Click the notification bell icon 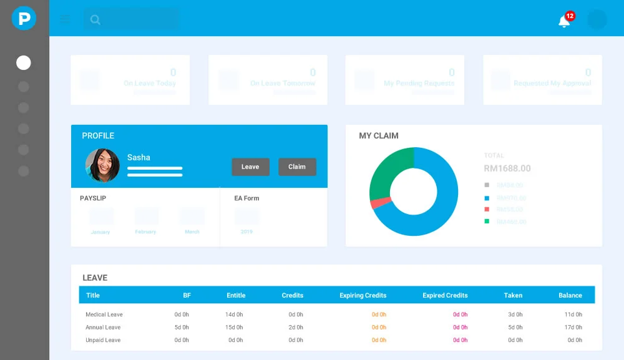point(563,22)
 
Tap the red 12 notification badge point(570,16)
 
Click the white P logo point(24,19)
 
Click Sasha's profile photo point(102,165)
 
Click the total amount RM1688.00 point(507,168)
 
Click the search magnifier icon point(95,19)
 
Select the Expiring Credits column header point(363,295)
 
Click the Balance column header point(570,295)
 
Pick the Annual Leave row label point(103,328)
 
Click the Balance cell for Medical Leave point(573,314)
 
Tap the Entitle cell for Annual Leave point(234,328)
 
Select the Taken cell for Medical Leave point(515,314)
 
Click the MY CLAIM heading point(378,135)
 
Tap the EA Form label point(246,198)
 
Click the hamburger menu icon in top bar point(65,19)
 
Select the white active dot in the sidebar point(24,62)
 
